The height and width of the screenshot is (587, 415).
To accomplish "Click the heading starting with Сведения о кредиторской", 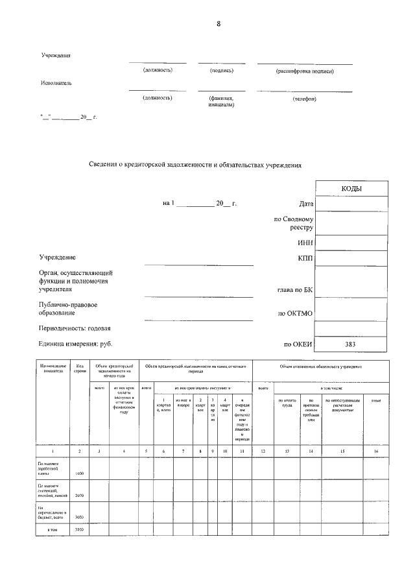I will tap(195, 165).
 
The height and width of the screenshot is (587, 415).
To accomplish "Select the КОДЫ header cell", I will tap(351, 188).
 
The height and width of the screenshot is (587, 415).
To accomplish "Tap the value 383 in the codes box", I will tap(351, 344).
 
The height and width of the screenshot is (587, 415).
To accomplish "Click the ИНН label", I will tap(305, 243).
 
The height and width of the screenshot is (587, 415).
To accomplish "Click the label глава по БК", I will tap(295, 290).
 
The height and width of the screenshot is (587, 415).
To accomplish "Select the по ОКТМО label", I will tap(296, 313).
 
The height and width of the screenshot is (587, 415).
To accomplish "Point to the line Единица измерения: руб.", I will tap(80, 344).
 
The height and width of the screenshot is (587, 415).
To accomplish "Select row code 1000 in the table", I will tap(80, 474).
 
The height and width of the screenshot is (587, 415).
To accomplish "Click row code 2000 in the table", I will tap(80, 495).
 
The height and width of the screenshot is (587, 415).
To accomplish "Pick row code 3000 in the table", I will tap(80, 517).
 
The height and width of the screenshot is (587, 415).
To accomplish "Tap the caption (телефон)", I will tap(304, 99).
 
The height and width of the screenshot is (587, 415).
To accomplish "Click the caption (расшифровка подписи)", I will tap(305, 71).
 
